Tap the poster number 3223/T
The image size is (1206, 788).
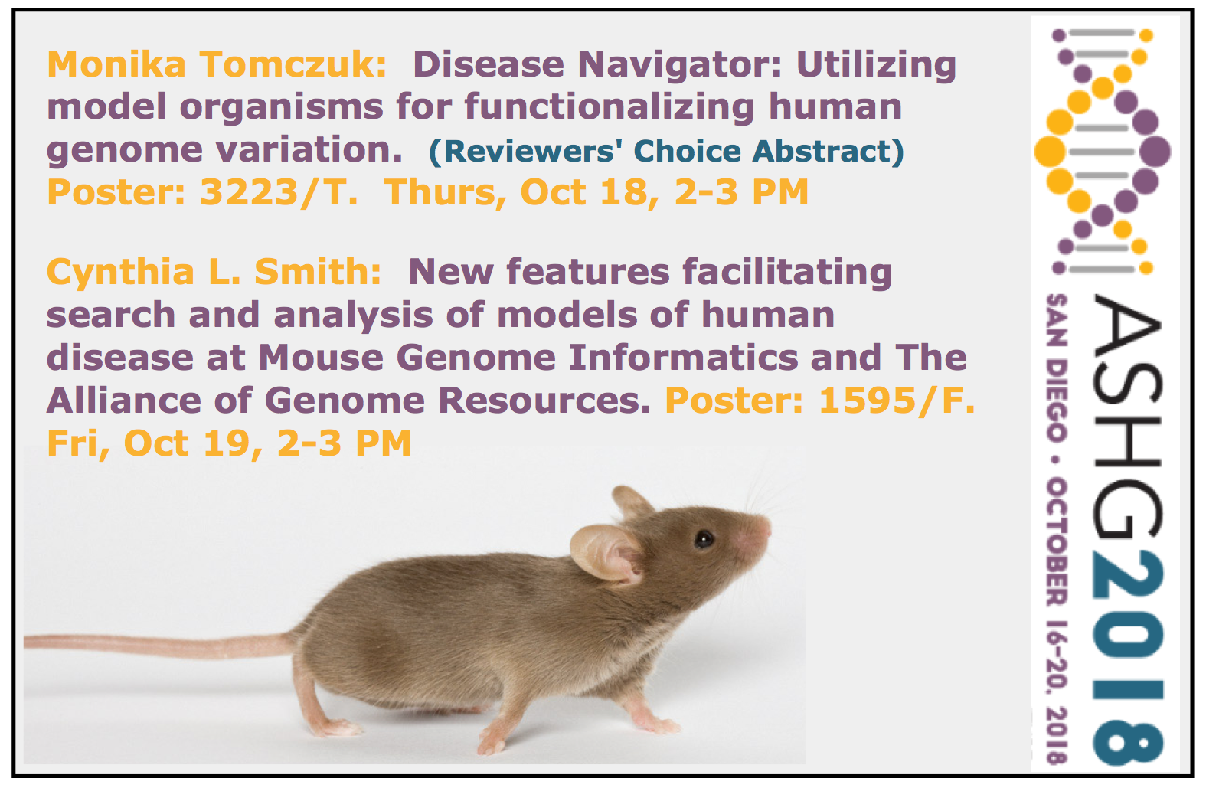279,193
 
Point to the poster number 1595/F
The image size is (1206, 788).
896,401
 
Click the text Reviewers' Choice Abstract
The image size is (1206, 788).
666,151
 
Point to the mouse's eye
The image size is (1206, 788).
704,538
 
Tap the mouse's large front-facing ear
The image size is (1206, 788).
606,553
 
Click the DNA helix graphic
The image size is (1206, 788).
1102,152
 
